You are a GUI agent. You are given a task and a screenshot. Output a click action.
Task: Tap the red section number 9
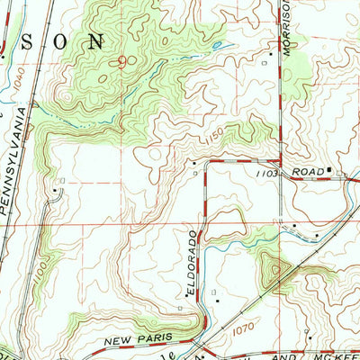[121, 61]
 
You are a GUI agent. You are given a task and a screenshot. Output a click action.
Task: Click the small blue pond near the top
[216, 45]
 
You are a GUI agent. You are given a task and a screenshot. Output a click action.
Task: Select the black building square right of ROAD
[330, 168]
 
